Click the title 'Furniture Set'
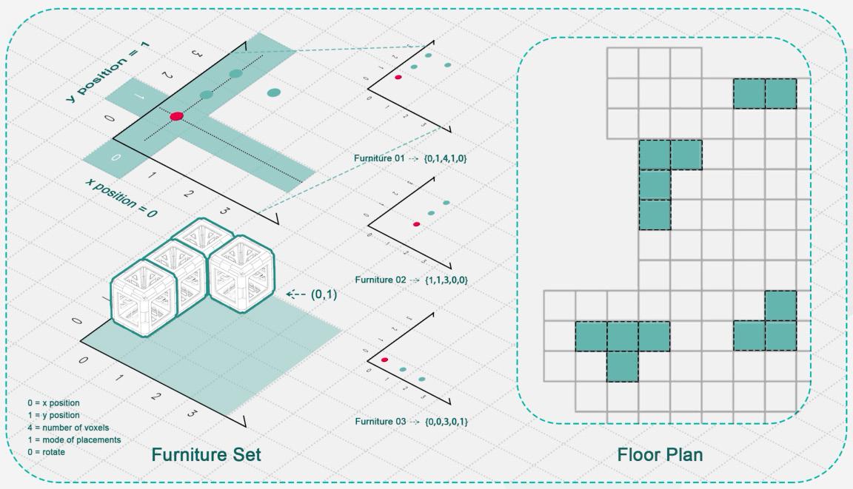click(206, 454)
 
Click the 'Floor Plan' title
click(659, 454)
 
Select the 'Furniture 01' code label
click(410, 159)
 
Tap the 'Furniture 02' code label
click(410, 280)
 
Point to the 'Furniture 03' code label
click(410, 421)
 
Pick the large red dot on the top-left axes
click(176, 116)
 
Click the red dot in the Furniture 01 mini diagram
click(398, 76)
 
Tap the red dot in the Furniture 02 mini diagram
click(417, 223)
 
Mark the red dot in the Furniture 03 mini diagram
click(384, 360)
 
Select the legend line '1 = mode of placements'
click(73, 439)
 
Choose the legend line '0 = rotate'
click(46, 451)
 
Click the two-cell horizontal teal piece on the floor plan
click(765, 93)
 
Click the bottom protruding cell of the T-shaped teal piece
click(622, 366)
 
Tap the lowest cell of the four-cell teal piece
click(655, 215)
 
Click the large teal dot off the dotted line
click(273, 92)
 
